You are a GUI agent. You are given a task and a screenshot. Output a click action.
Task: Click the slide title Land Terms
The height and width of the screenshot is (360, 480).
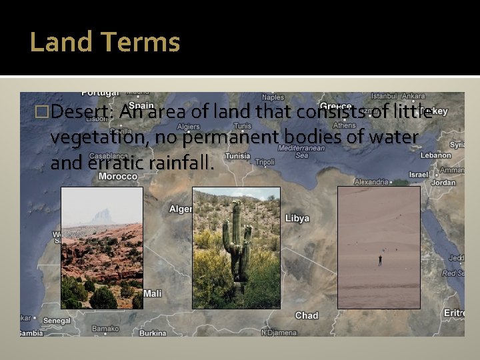(x=105, y=43)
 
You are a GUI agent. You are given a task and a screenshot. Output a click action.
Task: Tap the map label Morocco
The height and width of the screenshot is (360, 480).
(x=118, y=177)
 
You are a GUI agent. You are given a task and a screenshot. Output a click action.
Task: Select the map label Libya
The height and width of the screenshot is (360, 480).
(x=297, y=219)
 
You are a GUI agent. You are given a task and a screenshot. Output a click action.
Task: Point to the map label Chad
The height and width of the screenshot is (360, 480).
(x=307, y=315)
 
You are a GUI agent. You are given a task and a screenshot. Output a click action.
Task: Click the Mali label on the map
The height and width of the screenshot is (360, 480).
(x=153, y=293)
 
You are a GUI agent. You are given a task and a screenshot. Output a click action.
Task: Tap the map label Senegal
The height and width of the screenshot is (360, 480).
(x=57, y=321)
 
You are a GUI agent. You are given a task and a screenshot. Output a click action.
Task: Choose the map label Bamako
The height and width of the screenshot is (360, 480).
(x=105, y=328)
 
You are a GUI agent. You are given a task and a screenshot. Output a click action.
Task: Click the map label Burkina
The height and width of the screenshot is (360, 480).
(x=153, y=333)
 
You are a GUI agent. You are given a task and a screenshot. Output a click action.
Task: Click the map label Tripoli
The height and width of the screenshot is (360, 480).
(x=265, y=162)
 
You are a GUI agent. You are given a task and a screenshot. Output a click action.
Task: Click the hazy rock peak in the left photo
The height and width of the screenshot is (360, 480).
(x=102, y=216)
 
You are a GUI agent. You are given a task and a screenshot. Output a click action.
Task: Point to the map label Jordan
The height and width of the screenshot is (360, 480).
(x=444, y=183)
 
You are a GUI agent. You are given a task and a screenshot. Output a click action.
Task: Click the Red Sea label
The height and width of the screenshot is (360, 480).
(x=453, y=273)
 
